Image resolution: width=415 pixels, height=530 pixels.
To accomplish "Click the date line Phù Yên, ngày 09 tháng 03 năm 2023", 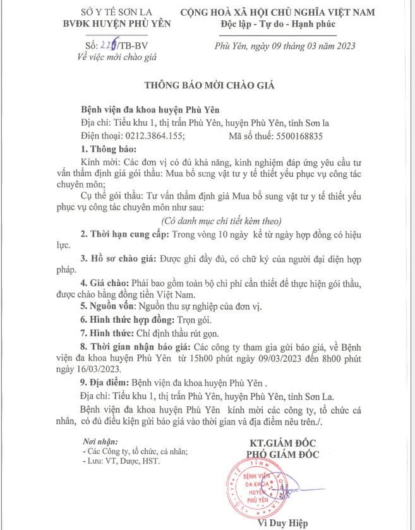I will coord(285,45).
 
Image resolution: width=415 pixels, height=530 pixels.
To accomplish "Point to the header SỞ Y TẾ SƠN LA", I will coord(101,13).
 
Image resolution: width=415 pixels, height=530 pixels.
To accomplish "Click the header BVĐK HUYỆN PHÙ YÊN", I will coord(101,23).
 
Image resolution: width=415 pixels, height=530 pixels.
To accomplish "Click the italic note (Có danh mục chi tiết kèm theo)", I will coord(220,220).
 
